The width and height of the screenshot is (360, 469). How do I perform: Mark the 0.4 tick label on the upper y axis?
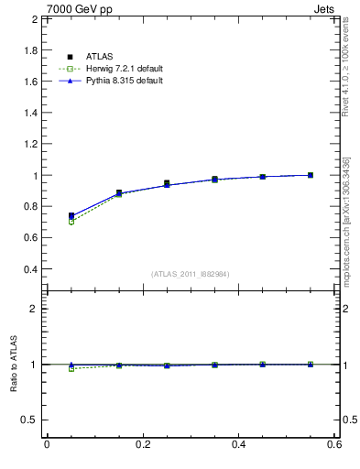30,269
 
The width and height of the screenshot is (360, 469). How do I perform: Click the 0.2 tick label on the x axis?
142,444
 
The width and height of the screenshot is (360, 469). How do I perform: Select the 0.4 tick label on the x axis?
238,444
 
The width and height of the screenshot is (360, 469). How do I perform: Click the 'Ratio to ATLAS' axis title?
12,365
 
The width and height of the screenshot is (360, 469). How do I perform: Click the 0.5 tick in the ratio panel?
30,420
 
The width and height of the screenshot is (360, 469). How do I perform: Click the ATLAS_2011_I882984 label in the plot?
190,274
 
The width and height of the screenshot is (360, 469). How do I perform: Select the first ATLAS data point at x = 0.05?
71,216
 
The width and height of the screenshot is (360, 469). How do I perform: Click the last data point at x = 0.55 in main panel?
311,175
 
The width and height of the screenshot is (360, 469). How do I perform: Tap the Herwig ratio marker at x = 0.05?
71,368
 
